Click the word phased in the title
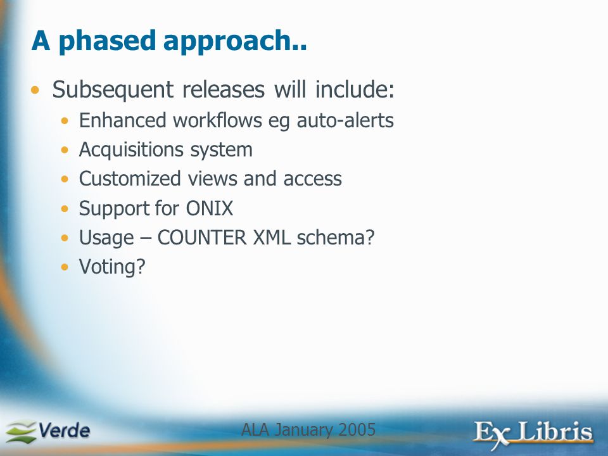107,42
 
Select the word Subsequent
113,90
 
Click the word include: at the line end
355,89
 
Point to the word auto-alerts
345,120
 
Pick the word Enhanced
123,120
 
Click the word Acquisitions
131,150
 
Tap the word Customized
130,179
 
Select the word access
312,179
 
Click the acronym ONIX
210,208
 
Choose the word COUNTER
201,237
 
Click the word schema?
336,237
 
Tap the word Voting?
112,267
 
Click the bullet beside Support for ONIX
65,209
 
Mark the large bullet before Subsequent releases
35,91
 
